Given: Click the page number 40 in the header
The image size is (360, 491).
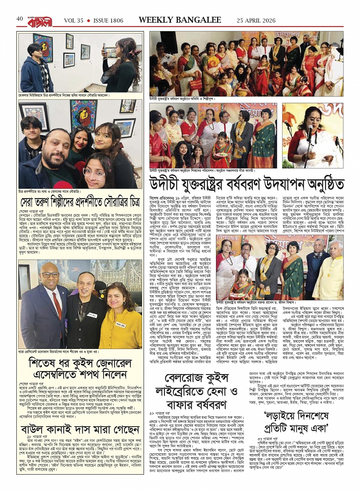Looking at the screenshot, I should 20,19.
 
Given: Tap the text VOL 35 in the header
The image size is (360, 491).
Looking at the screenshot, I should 73,20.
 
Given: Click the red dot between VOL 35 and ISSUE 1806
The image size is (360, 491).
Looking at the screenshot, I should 88,20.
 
